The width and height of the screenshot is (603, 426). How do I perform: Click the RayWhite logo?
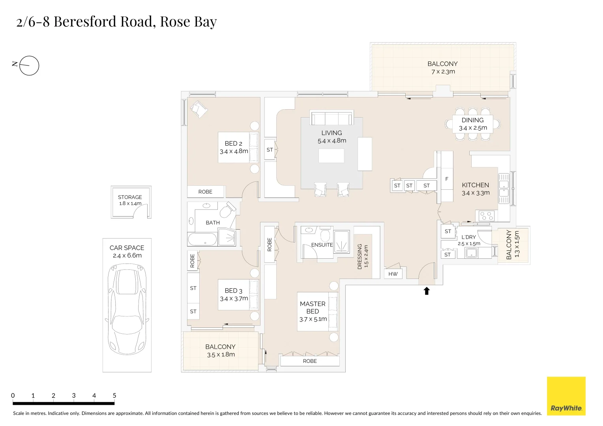pos(566,396)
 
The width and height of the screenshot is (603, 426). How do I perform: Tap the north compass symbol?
pos(29,65)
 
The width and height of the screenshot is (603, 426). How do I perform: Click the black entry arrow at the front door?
pos(426,291)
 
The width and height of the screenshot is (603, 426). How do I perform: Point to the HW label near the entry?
pos(393,274)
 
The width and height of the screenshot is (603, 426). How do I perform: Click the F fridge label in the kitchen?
pos(447,179)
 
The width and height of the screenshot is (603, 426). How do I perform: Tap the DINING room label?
pos(472,120)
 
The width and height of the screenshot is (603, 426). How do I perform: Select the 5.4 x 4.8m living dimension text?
pos(331,141)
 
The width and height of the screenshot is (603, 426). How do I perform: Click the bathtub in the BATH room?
pos(202,239)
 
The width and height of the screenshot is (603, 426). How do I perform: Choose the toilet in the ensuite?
pos(325,235)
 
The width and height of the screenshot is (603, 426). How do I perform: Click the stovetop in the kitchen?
pos(487,216)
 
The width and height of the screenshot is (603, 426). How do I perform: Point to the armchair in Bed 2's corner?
pos(199,108)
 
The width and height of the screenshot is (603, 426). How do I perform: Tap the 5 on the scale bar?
pos(114,395)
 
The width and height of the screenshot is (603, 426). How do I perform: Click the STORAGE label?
pos(130,197)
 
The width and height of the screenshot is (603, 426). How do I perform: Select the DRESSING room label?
pos(360,256)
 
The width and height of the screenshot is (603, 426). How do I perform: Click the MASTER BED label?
pos(313,307)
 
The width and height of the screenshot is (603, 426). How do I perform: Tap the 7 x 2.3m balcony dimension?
pos(443,72)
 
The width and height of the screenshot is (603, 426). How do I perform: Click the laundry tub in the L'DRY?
pos(472,252)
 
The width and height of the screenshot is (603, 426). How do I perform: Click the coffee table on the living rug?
pos(331,156)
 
